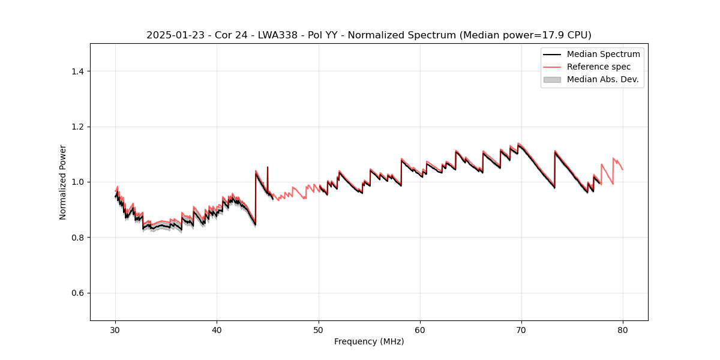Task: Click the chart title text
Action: click(368, 35)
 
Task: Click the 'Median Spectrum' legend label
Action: click(603, 54)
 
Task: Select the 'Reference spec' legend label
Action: click(598, 67)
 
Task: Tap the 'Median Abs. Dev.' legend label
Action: click(602, 79)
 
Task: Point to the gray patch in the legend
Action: click(552, 79)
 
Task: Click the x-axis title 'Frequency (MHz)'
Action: click(368, 341)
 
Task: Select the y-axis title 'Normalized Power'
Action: click(63, 182)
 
